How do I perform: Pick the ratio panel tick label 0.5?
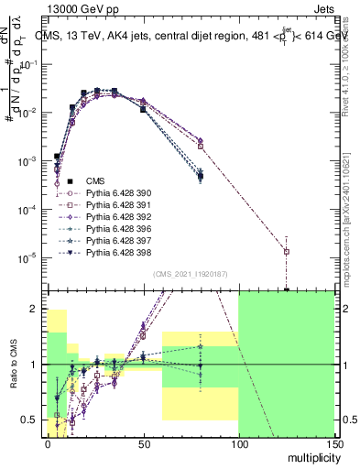click(34, 420)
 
